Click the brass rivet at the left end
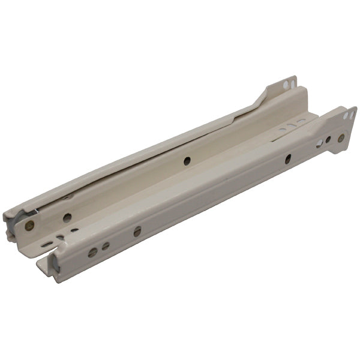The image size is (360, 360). [29, 226]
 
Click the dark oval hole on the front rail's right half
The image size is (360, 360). [287, 158]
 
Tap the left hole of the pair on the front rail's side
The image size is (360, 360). [92, 253]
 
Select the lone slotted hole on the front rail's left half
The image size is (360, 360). [137, 231]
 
